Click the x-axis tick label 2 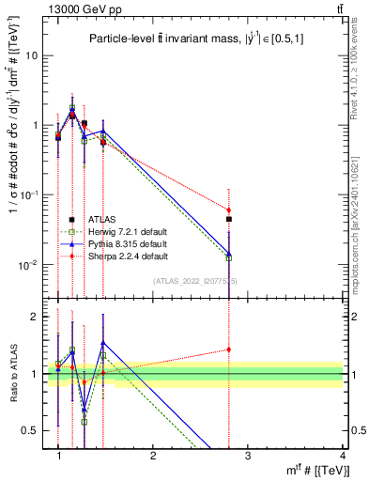[153, 456]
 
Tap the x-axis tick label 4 [342, 456]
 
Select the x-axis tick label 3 [247, 456]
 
